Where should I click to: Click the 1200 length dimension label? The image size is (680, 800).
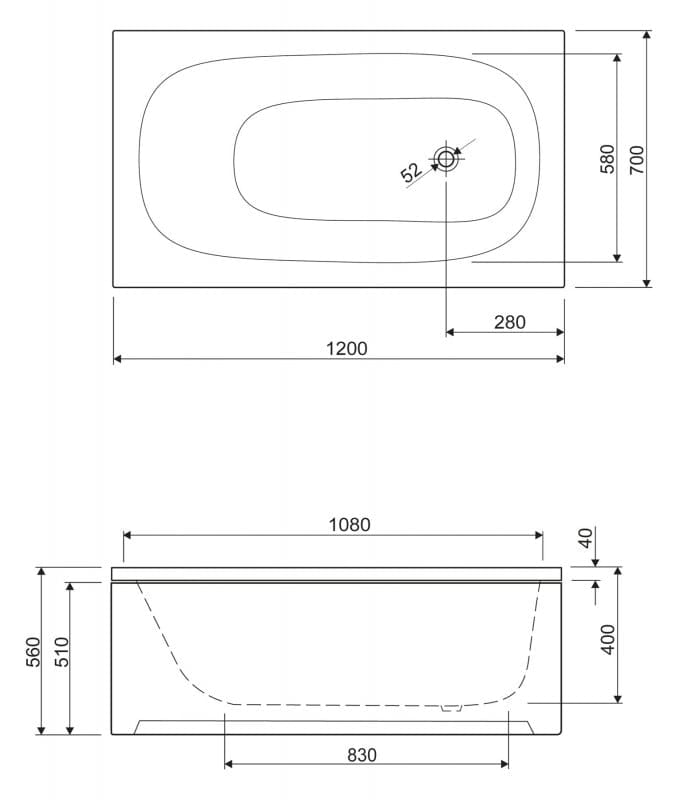346,348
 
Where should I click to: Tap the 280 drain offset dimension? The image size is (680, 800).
510,322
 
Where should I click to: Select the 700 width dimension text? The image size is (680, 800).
637,160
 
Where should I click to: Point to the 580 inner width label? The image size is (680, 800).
608,159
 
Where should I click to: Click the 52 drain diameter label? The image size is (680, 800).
411,172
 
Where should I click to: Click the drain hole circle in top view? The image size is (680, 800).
446,159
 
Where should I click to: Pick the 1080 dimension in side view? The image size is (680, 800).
349,524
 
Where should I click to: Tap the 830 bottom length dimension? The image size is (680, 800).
362,755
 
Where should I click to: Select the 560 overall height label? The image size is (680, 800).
33,652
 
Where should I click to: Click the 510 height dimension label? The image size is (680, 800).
62,652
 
